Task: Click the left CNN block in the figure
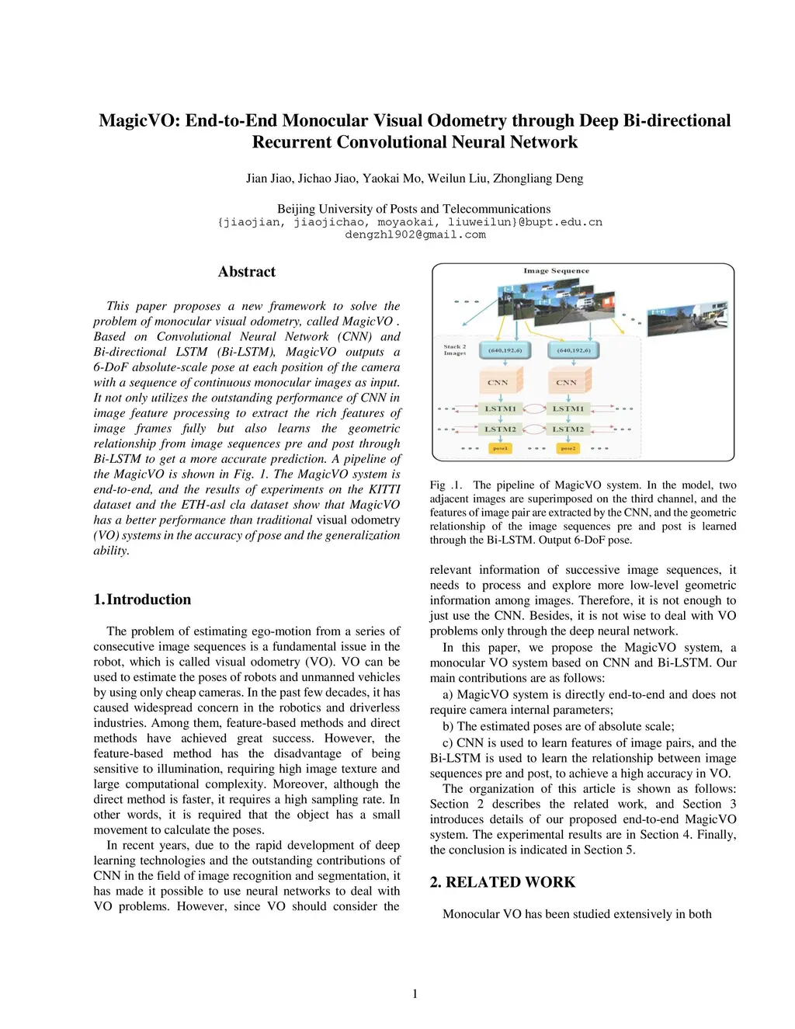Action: pos(498,382)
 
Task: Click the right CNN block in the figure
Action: pos(567,382)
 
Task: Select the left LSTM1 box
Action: pos(500,408)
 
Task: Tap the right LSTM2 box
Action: pos(568,429)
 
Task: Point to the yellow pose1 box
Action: pos(500,448)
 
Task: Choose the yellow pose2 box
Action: pos(568,448)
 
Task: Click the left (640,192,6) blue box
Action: pos(505,350)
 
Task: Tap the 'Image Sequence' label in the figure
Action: pos(556,271)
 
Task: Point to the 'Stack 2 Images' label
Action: pos(455,349)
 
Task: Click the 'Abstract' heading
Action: pos(247,272)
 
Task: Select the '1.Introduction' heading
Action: pos(142,600)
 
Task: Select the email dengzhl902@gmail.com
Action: pos(415,235)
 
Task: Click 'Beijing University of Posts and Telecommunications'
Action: pos(414,209)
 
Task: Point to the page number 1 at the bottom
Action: pos(415,994)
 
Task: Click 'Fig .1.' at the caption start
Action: pos(446,485)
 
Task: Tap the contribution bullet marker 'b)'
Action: pos(449,727)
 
